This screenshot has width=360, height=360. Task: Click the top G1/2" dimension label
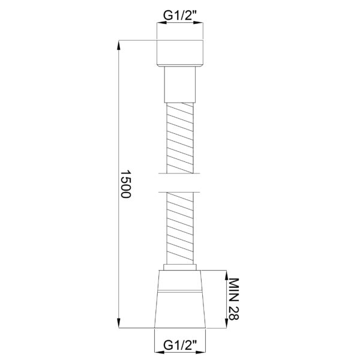(x=180, y=15)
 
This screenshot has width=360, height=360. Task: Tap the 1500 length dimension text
(x=125, y=184)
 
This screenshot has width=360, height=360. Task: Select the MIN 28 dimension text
(x=234, y=299)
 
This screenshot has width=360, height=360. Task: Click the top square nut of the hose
(x=180, y=53)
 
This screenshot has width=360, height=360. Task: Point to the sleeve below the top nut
(x=180, y=85)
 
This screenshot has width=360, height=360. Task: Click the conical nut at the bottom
(x=180, y=299)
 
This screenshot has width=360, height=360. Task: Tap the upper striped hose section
(x=180, y=138)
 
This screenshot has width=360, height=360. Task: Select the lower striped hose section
(x=180, y=228)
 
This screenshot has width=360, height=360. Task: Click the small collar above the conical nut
(x=180, y=267)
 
